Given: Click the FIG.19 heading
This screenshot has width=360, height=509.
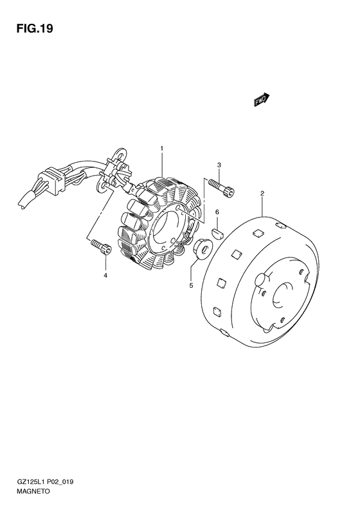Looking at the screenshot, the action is pyautogui.click(x=34, y=28).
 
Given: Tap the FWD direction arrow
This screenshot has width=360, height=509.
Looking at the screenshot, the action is pyautogui.click(x=262, y=100).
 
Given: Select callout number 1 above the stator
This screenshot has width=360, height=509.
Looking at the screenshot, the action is pyautogui.click(x=162, y=149).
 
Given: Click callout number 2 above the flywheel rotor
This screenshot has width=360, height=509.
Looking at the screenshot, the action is pyautogui.click(x=262, y=194).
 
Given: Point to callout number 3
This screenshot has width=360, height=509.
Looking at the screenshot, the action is pyautogui.click(x=219, y=165).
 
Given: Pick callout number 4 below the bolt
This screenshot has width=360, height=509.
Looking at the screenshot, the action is pyautogui.click(x=105, y=275).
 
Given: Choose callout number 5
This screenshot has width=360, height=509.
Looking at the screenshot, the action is pyautogui.click(x=191, y=285).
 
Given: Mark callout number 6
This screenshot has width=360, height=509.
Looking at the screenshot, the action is pyautogui.click(x=217, y=212).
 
